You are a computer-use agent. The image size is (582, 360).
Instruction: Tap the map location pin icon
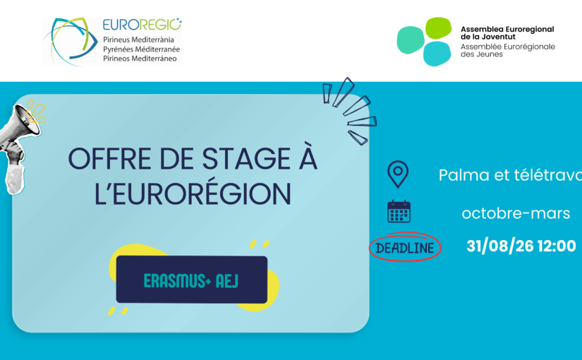pos(398,174)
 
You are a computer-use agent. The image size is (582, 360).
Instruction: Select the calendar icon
pos(399,211)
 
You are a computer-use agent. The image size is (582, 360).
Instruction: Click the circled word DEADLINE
pos(405,248)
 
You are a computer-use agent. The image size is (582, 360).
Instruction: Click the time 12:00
pos(557,246)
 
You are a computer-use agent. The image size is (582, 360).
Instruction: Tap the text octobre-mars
pos(516,213)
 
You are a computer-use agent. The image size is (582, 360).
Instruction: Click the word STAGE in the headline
pos(246,159)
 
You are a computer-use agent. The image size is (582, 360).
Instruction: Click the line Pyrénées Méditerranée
pos(141,49)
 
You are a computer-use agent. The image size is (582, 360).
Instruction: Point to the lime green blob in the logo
pos(438,28)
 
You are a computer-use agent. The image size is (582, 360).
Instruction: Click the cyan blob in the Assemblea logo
pos(437,54)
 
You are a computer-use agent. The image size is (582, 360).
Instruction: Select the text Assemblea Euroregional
pos(507,29)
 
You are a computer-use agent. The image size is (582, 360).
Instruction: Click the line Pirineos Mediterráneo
pos(140,59)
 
